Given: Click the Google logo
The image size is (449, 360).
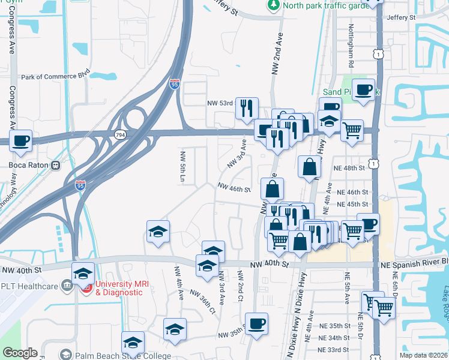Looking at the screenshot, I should tap(20, 353).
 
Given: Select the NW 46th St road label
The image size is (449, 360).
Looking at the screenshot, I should tap(234, 189).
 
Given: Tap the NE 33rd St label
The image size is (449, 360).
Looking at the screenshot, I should tap(334, 350).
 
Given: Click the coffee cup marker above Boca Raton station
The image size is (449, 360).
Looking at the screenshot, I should tap(21, 140).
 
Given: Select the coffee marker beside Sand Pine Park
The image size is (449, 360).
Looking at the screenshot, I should tap(363, 89).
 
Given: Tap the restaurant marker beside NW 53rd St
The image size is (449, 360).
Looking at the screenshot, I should tap(247, 108).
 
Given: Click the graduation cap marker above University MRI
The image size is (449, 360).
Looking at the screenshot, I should tap(83, 273).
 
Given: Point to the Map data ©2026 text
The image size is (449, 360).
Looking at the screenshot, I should tap(424, 355).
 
